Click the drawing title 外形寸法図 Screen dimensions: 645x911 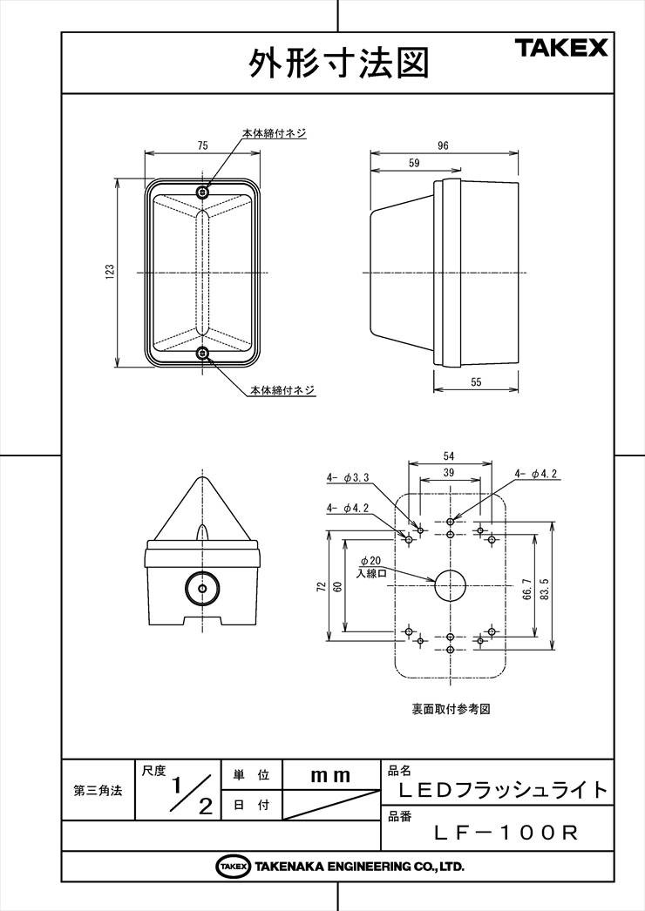click(x=339, y=63)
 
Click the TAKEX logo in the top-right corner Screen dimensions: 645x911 click(x=560, y=48)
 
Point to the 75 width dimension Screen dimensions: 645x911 click(x=202, y=145)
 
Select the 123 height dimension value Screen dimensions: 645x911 click(x=110, y=272)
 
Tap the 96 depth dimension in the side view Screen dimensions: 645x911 click(x=443, y=145)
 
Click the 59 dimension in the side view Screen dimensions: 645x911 click(x=414, y=163)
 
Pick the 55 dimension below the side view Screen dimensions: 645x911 click(x=476, y=382)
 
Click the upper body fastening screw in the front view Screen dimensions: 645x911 click(x=202, y=192)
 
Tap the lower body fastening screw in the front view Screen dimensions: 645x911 click(x=202, y=352)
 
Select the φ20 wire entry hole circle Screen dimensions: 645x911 click(x=451, y=585)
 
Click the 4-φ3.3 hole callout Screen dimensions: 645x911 click(x=348, y=477)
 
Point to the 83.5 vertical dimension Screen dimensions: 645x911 click(x=544, y=588)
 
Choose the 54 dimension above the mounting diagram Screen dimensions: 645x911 click(x=448, y=456)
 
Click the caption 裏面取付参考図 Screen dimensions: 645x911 click(x=451, y=710)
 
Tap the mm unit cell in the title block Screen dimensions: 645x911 click(x=331, y=775)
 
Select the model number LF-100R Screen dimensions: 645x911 click(x=506, y=833)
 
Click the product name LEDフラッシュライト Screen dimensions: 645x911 click(x=504, y=790)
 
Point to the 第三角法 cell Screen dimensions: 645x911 click(x=98, y=791)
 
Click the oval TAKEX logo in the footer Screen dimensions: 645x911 click(x=234, y=867)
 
